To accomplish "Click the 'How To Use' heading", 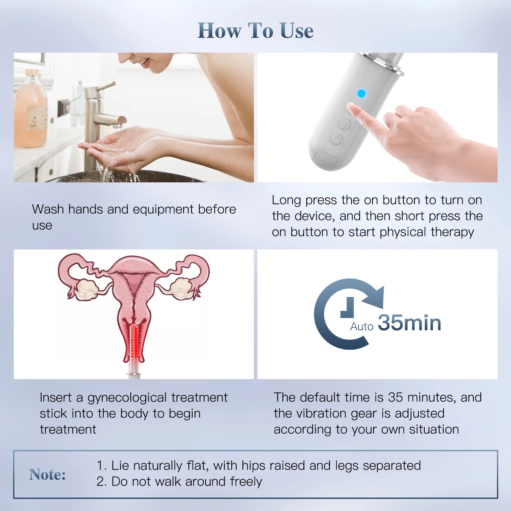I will [x=256, y=31].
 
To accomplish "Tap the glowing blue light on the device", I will [x=361, y=94].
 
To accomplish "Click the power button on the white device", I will [x=337, y=139].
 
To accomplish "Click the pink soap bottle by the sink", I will [x=31, y=112].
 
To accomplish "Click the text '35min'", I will [x=409, y=323].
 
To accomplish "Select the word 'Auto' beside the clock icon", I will [x=362, y=326].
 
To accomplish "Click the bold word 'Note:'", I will [x=48, y=475].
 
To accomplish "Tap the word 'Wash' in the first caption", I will [x=48, y=210].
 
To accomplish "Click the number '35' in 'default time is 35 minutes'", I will [x=395, y=397].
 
